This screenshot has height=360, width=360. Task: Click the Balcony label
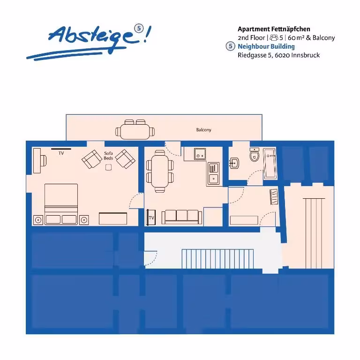click(x=203, y=130)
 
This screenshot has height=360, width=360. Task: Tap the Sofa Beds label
click(x=108, y=156)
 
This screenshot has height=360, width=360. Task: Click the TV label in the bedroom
click(x=61, y=153)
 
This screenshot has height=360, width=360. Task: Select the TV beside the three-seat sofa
click(x=151, y=217)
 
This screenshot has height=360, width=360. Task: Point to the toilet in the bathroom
click(x=255, y=155)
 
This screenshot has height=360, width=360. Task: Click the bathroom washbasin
click(x=234, y=163)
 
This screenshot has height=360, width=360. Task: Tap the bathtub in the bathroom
click(x=270, y=164)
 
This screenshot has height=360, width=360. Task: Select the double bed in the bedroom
click(x=61, y=204)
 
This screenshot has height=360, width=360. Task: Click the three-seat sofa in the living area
click(x=182, y=217)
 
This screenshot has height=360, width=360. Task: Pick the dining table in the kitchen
click(x=160, y=171)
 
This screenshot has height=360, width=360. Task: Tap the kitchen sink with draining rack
click(x=213, y=174)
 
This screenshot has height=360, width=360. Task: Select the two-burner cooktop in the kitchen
click(x=200, y=154)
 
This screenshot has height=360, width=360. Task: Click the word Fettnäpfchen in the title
click(x=291, y=29)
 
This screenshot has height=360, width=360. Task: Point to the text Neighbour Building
click(x=266, y=46)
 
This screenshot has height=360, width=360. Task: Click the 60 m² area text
click(x=296, y=37)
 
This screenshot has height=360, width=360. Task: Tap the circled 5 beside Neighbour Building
click(x=230, y=46)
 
